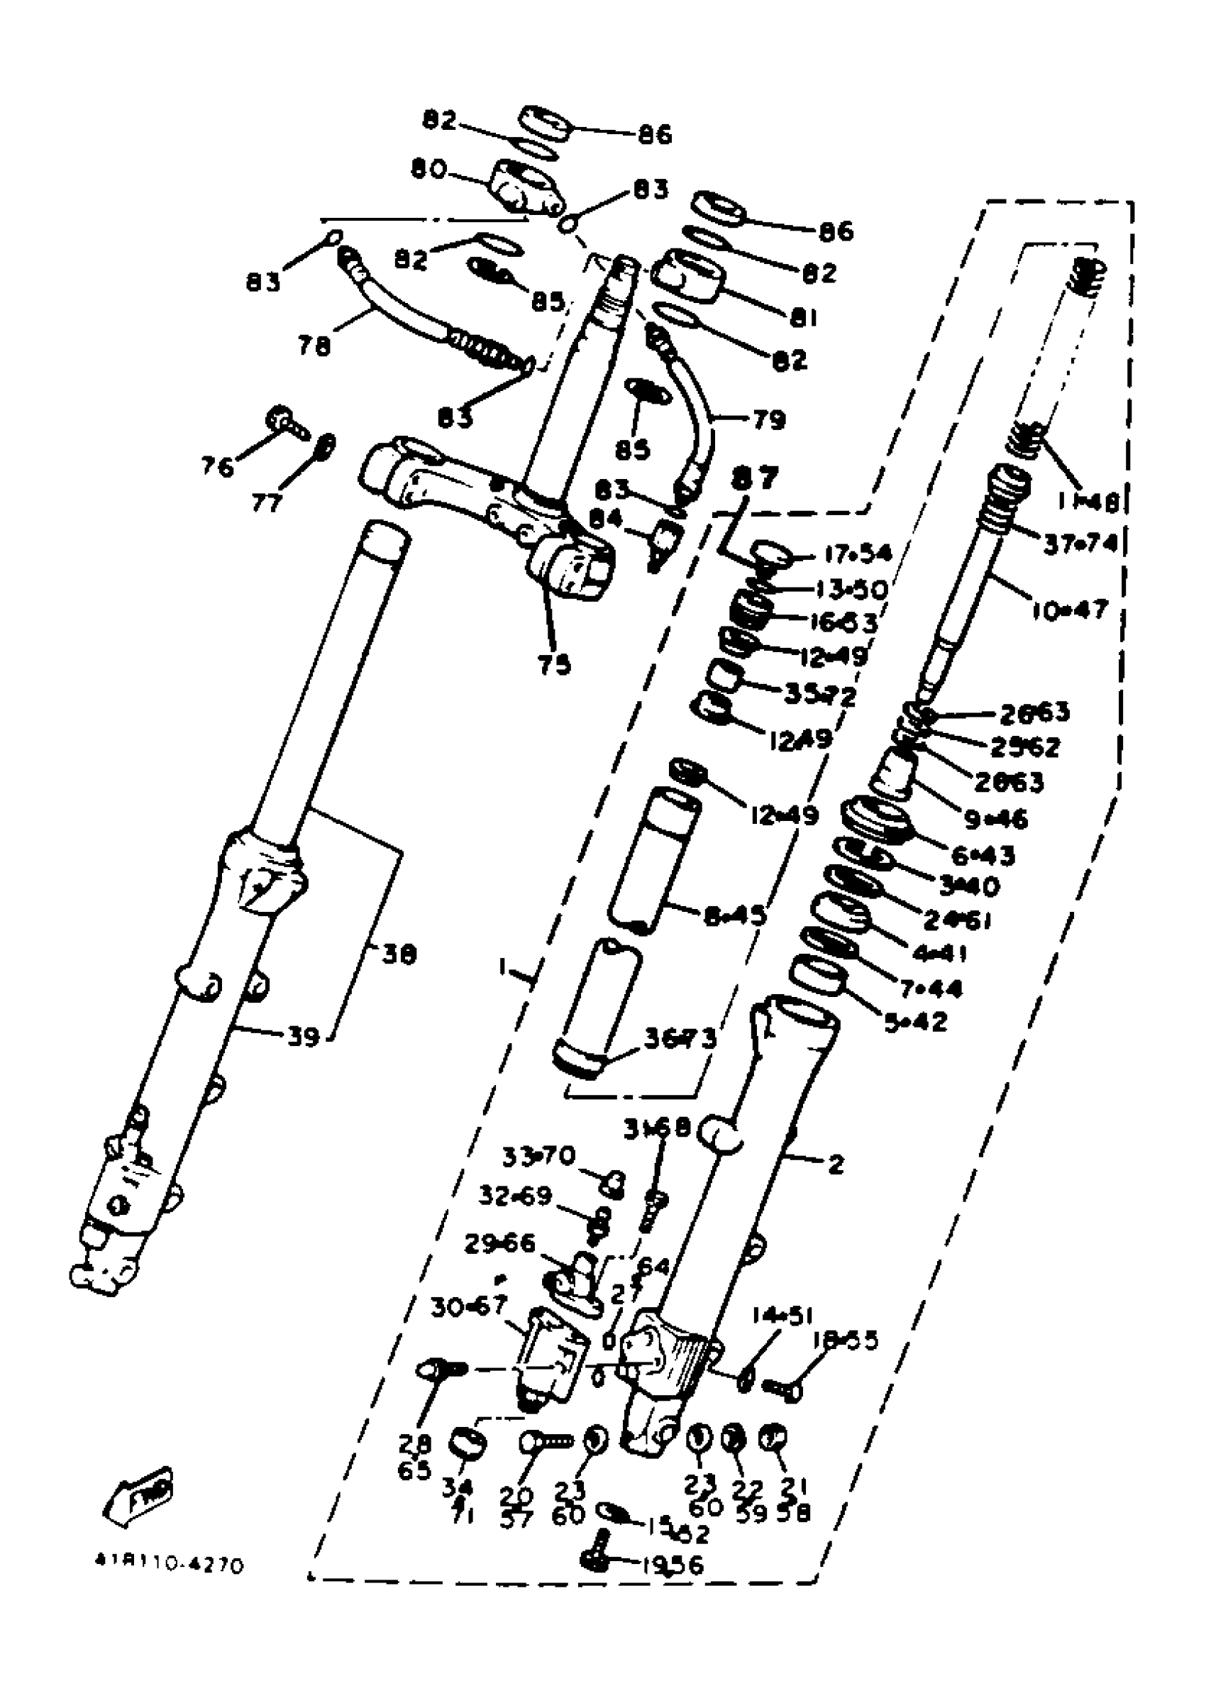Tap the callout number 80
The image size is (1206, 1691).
(428, 170)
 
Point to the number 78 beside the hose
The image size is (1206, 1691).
(314, 346)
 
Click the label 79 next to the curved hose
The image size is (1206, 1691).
(769, 420)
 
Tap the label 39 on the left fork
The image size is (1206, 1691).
(303, 1036)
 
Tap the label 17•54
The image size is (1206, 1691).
(858, 554)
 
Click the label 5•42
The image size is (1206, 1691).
(916, 1023)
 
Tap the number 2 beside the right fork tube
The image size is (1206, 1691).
(836, 1164)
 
